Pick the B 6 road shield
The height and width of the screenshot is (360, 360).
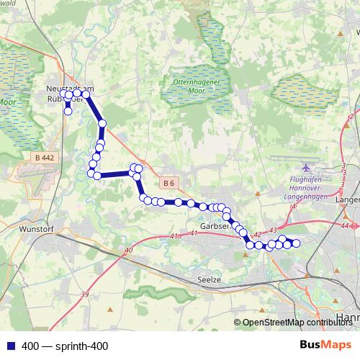168,184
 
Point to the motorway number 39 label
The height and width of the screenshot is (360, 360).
85,294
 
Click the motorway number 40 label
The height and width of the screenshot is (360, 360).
129,251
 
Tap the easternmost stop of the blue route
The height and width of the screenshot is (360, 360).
295,243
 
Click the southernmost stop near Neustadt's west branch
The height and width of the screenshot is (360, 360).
68,111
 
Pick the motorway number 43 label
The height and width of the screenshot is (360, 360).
272,230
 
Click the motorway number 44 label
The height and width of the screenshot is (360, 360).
346,226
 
